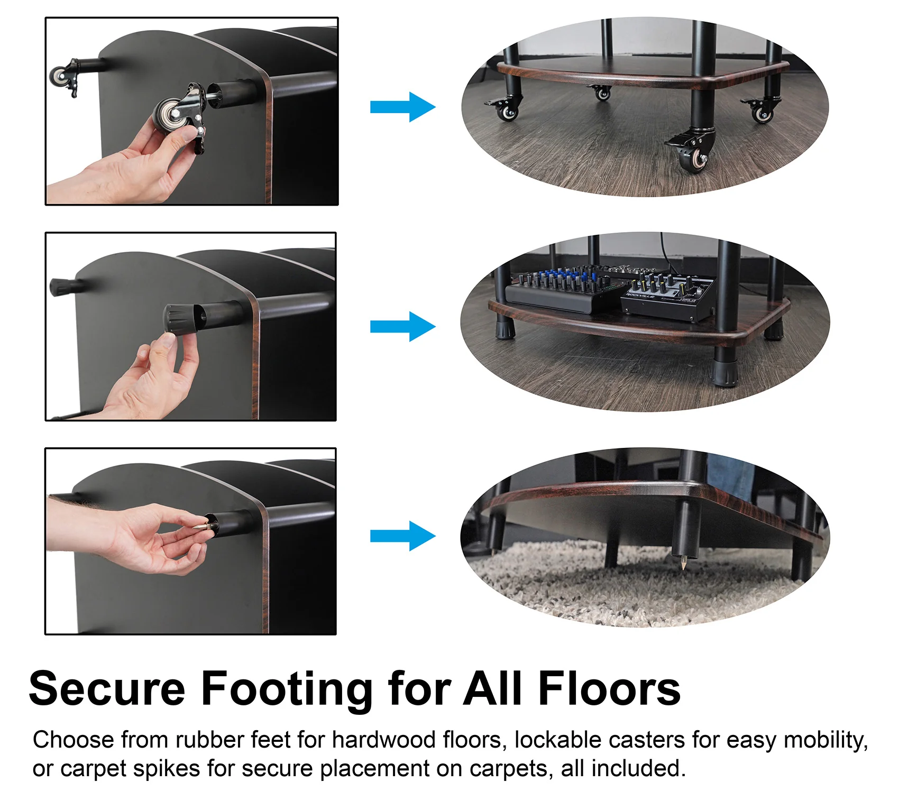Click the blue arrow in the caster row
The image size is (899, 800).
pyautogui.click(x=403, y=107)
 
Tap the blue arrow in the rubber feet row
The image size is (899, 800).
pyautogui.click(x=403, y=326)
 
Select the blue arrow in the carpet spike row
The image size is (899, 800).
pyautogui.click(x=403, y=536)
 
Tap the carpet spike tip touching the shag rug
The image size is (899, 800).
pyautogui.click(x=683, y=567)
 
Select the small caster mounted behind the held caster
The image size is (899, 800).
pyautogui.click(x=65, y=77)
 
